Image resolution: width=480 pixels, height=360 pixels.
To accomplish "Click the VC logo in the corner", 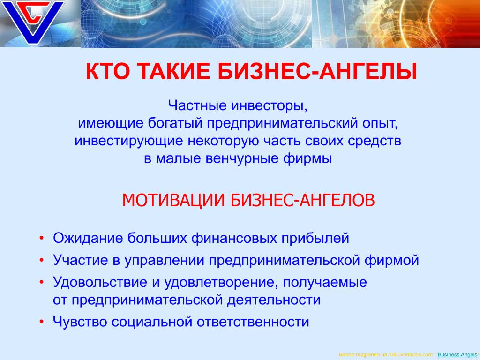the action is (32, 22).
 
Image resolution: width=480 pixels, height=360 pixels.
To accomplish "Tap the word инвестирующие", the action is (129, 142).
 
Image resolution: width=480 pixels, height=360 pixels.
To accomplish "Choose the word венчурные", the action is (242, 159).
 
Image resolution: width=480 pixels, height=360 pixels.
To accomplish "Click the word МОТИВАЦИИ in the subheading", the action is (173, 200).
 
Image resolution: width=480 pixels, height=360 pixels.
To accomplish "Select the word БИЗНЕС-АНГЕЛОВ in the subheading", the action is (302, 200).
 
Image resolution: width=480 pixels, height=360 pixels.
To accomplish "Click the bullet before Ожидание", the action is (42, 238).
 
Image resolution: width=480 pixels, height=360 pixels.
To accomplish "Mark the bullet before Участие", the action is (42, 260).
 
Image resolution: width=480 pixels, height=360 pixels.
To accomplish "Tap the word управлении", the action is (165, 261).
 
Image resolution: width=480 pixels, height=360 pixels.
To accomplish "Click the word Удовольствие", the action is (100, 282).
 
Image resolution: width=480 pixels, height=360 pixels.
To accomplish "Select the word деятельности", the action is (274, 300).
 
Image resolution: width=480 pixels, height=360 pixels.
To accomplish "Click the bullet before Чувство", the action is (42, 322).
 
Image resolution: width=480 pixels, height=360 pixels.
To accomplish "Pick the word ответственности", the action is (253, 322).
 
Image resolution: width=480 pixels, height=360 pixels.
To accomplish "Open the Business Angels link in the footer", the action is (457, 354).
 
